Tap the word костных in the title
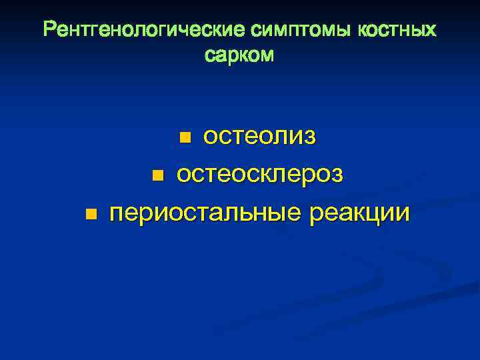[399, 30]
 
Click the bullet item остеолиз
[259, 137]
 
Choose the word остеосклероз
[260, 175]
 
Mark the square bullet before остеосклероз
[157, 176]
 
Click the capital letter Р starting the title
[49, 30]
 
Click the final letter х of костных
[432, 30]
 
